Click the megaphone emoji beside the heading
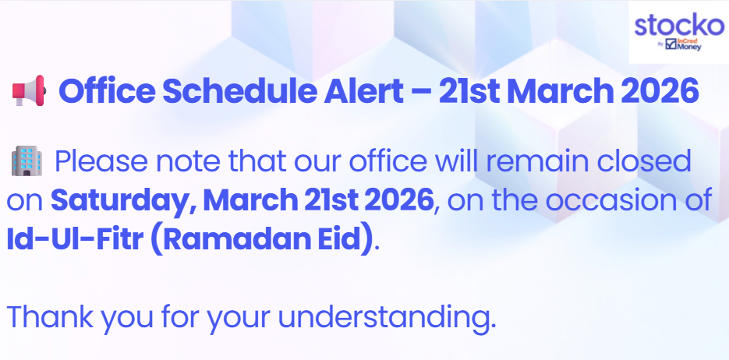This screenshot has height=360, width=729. click(x=29, y=90)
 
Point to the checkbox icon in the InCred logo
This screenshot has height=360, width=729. click(x=671, y=44)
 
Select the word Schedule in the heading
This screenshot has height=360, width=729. click(x=239, y=91)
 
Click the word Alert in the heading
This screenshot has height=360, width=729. click(x=363, y=91)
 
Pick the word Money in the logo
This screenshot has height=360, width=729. click(x=689, y=47)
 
